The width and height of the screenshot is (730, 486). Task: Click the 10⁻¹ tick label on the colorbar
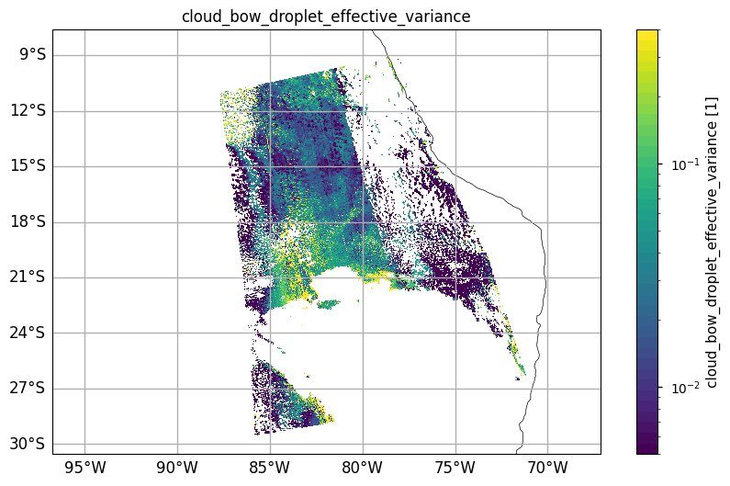click(x=680, y=165)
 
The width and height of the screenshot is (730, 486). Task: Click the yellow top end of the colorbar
click(x=647, y=34)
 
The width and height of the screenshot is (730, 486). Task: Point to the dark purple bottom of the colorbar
click(x=647, y=448)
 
